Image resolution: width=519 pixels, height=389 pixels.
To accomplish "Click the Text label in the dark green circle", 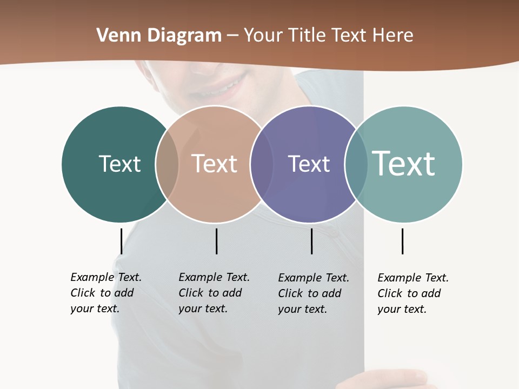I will pos(119,164).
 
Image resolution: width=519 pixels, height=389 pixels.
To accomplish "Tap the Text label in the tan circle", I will pos(215,164).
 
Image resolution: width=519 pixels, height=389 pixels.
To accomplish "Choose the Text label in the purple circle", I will pos(309,164).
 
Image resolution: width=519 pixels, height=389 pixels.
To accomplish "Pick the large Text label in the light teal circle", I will pos(404,163).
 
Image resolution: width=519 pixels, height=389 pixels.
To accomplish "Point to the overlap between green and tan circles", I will pos(167,164).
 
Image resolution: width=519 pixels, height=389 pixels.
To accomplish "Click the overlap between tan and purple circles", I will pos(262,164).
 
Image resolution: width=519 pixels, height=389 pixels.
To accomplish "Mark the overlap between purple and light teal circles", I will pos(356,164).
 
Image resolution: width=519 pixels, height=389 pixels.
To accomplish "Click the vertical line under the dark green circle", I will pos(121,241).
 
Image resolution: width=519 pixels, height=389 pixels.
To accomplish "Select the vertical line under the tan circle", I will pos(216,241).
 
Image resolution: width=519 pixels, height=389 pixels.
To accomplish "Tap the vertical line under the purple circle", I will pos(311,241).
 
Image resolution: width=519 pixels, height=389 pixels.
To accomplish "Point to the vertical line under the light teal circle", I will pos(402,241).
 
